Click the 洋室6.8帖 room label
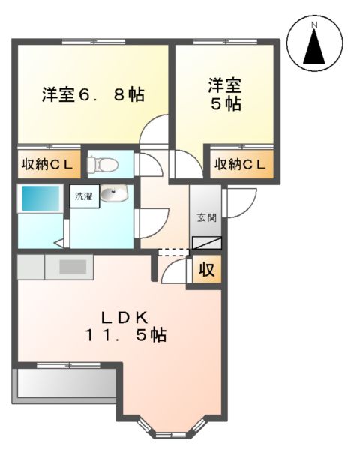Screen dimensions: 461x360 tap(93, 95)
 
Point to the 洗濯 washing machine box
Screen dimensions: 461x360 tap(82, 197)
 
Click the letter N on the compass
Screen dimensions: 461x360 tap(315, 26)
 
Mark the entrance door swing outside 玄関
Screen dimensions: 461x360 tap(240, 200)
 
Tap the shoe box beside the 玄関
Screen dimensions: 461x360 tap(207, 242)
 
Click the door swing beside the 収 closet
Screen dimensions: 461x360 tap(176, 271)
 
